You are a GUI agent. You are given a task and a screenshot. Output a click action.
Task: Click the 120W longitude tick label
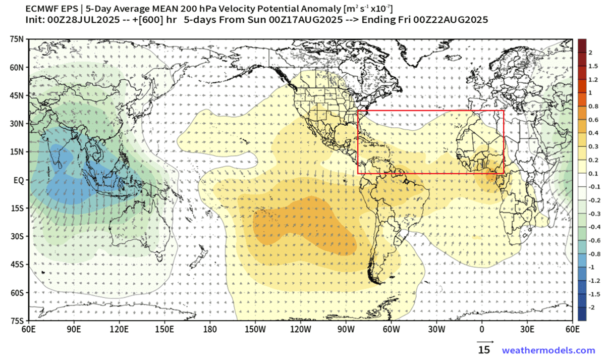click(x=301, y=329)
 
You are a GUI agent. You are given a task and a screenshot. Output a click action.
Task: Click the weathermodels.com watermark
click(x=548, y=350)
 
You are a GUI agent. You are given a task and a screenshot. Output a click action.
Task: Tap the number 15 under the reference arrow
click(x=484, y=350)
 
